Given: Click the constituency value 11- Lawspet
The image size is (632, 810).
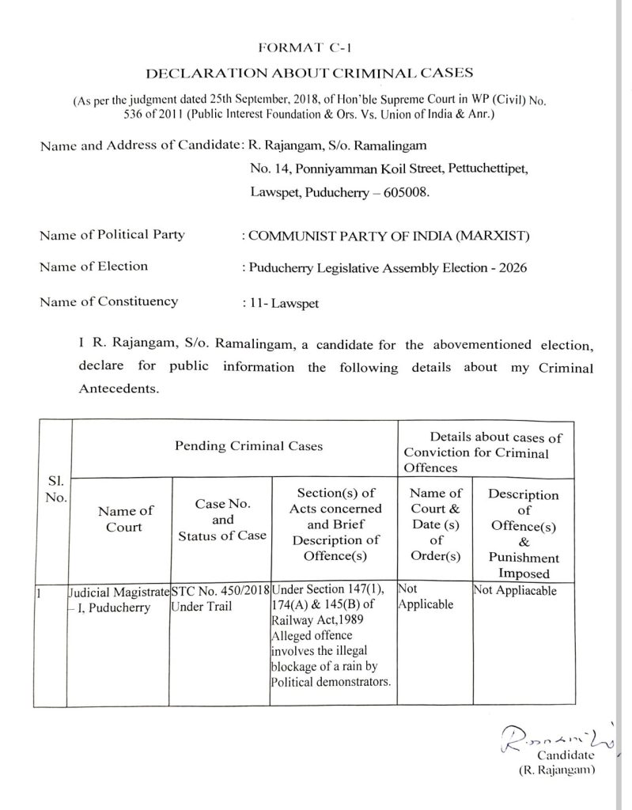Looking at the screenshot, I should [286, 302].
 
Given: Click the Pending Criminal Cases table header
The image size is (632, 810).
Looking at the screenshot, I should [237, 446].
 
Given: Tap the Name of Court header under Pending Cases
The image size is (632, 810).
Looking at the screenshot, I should [124, 519].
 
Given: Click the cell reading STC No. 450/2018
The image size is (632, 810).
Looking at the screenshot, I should [221, 590].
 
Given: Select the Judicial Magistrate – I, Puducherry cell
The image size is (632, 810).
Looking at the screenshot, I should [119, 597].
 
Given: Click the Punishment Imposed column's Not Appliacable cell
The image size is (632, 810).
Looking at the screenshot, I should [514, 590].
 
